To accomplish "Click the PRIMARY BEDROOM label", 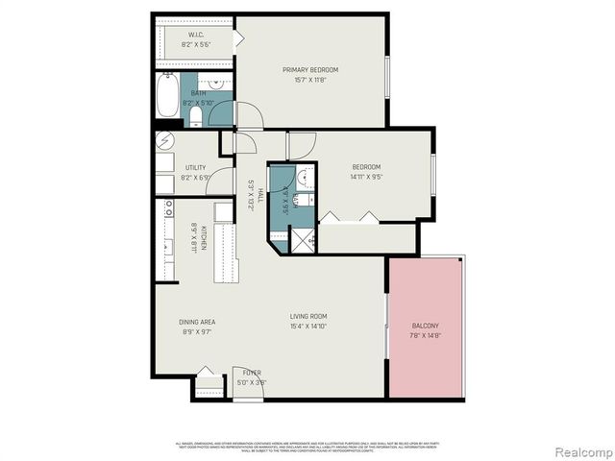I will click(310, 69).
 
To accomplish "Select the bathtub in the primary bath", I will click(169, 96).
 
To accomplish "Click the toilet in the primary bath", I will click(196, 116).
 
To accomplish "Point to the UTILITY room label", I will click(195, 167).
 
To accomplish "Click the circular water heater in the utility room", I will click(165, 140).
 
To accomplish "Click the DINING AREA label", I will click(196, 322).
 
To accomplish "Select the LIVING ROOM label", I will click(309, 316).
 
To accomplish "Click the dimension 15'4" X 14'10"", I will click(309, 327).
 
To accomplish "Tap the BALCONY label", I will click(425, 326).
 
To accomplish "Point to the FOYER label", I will click(252, 372).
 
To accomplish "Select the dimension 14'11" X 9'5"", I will click(365, 177).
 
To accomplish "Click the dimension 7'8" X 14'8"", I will click(425, 336).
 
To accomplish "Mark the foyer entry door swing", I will click(240, 376).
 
